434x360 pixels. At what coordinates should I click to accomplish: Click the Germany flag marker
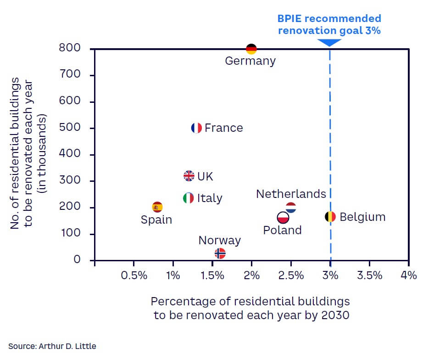tap(251, 49)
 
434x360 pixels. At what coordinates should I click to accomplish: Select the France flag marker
tap(196, 128)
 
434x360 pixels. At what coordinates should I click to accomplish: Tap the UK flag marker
tap(189, 176)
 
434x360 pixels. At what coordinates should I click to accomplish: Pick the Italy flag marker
tap(188, 198)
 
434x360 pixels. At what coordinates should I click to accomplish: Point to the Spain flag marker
tap(157, 207)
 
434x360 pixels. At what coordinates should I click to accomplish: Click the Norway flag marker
tap(220, 253)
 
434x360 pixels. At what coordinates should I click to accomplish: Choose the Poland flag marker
tap(283, 217)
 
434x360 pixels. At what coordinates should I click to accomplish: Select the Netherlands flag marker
tap(291, 208)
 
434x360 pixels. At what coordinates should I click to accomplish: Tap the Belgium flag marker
tap(330, 217)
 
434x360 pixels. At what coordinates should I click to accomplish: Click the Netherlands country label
tap(291, 194)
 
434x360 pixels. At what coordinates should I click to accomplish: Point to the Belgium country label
tap(362, 217)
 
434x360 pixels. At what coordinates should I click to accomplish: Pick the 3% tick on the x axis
tap(330, 276)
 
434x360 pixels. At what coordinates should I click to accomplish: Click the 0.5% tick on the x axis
tap(134, 276)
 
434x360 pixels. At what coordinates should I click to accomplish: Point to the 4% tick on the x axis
tap(408, 276)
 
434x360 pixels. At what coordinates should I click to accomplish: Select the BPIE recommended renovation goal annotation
tap(329, 25)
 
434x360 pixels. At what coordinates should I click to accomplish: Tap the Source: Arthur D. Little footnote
tap(52, 346)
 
